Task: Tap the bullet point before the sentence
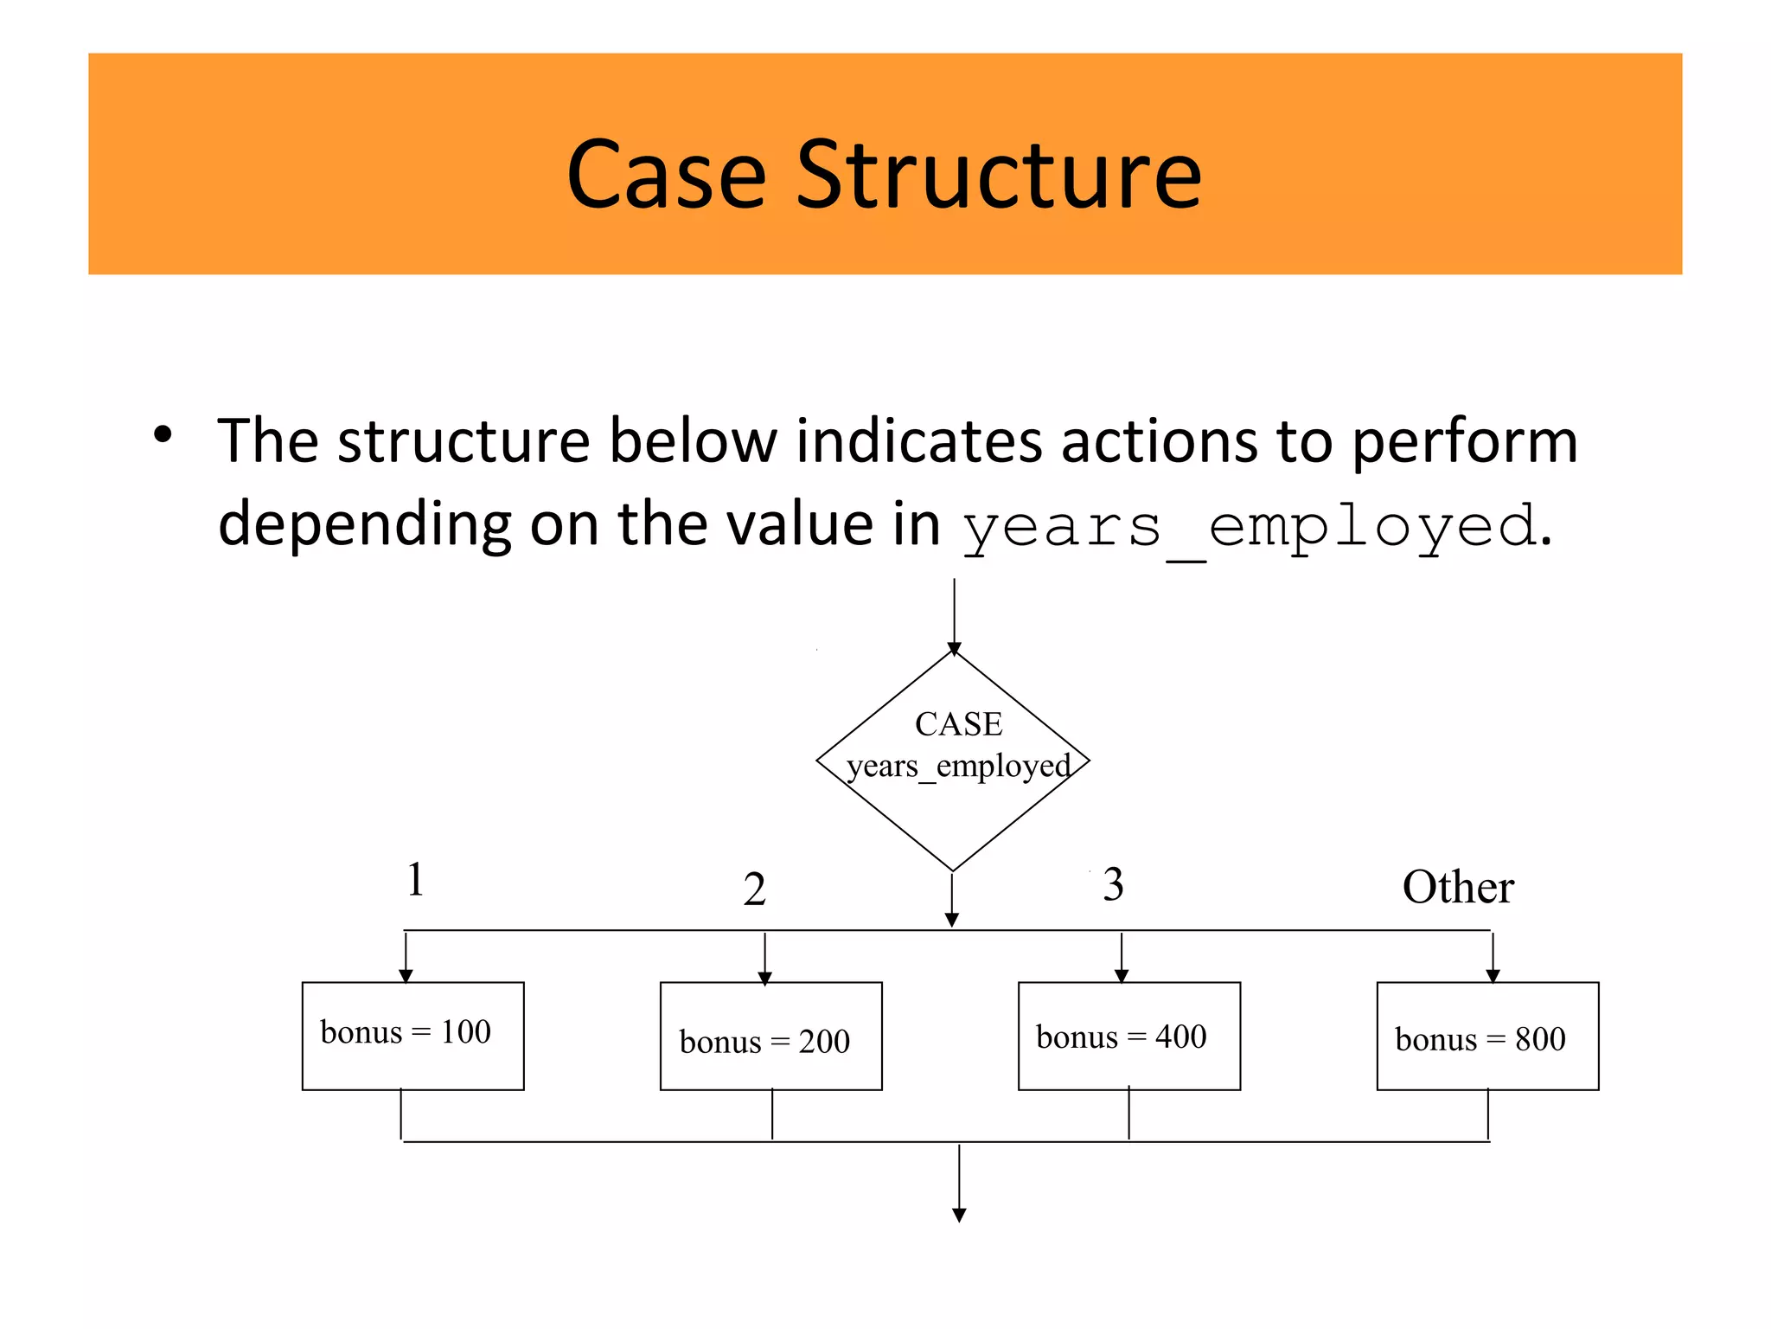pyautogui.click(x=163, y=434)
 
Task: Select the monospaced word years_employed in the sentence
pyautogui.click(x=1250, y=527)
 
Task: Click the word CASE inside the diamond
pyautogui.click(x=958, y=724)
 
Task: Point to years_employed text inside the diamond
pyautogui.click(x=958, y=766)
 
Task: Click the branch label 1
pyautogui.click(x=416, y=880)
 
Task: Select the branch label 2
pyautogui.click(x=754, y=889)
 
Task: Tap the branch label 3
pyautogui.click(x=1113, y=885)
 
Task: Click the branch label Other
pyautogui.click(x=1458, y=888)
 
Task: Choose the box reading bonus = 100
pyautogui.click(x=412, y=1036)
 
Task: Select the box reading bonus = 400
pyautogui.click(x=1128, y=1036)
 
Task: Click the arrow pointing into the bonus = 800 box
pyautogui.click(x=1493, y=959)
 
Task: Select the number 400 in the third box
pyautogui.click(x=1180, y=1037)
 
